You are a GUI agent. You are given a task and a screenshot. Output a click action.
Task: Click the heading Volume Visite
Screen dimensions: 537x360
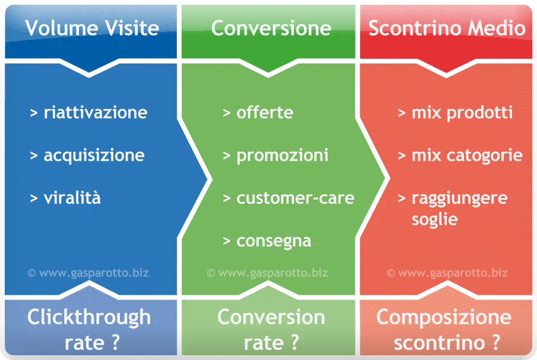[92, 28]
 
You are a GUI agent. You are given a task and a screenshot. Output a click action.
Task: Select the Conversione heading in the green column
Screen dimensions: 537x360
[271, 28]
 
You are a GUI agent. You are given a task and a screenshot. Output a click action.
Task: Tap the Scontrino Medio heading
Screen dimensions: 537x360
[447, 28]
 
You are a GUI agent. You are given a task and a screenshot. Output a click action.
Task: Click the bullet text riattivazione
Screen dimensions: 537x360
[96, 112]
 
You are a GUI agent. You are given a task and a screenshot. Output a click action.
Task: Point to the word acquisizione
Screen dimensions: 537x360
[94, 156]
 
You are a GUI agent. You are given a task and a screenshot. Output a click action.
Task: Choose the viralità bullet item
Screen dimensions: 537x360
[72, 198]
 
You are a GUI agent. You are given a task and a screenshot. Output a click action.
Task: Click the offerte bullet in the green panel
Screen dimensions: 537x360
[265, 112]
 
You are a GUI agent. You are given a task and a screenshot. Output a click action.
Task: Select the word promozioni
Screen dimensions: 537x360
[282, 156]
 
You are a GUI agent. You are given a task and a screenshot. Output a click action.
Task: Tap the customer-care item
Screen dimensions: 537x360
[295, 198]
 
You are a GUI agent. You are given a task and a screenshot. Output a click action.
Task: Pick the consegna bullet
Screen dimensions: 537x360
[274, 241]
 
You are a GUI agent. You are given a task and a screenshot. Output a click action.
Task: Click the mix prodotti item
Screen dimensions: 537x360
[462, 113]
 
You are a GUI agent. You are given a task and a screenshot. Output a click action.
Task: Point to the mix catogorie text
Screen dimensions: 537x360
[467, 156]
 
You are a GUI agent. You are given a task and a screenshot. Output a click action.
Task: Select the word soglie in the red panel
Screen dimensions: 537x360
[434, 219]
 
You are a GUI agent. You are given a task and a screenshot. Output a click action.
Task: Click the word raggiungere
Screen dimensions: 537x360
[460, 199]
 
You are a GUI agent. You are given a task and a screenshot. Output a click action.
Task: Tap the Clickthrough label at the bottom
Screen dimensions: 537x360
[89, 317]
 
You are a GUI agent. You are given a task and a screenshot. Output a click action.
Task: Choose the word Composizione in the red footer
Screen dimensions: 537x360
[444, 317]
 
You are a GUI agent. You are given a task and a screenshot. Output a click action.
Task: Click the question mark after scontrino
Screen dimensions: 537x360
[495, 343]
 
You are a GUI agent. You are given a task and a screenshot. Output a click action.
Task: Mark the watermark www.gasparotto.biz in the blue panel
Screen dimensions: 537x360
[94, 273]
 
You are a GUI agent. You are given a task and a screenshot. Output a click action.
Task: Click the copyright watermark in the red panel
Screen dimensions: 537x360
[447, 273]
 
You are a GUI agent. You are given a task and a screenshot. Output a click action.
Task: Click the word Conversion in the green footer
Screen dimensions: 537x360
[271, 317]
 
